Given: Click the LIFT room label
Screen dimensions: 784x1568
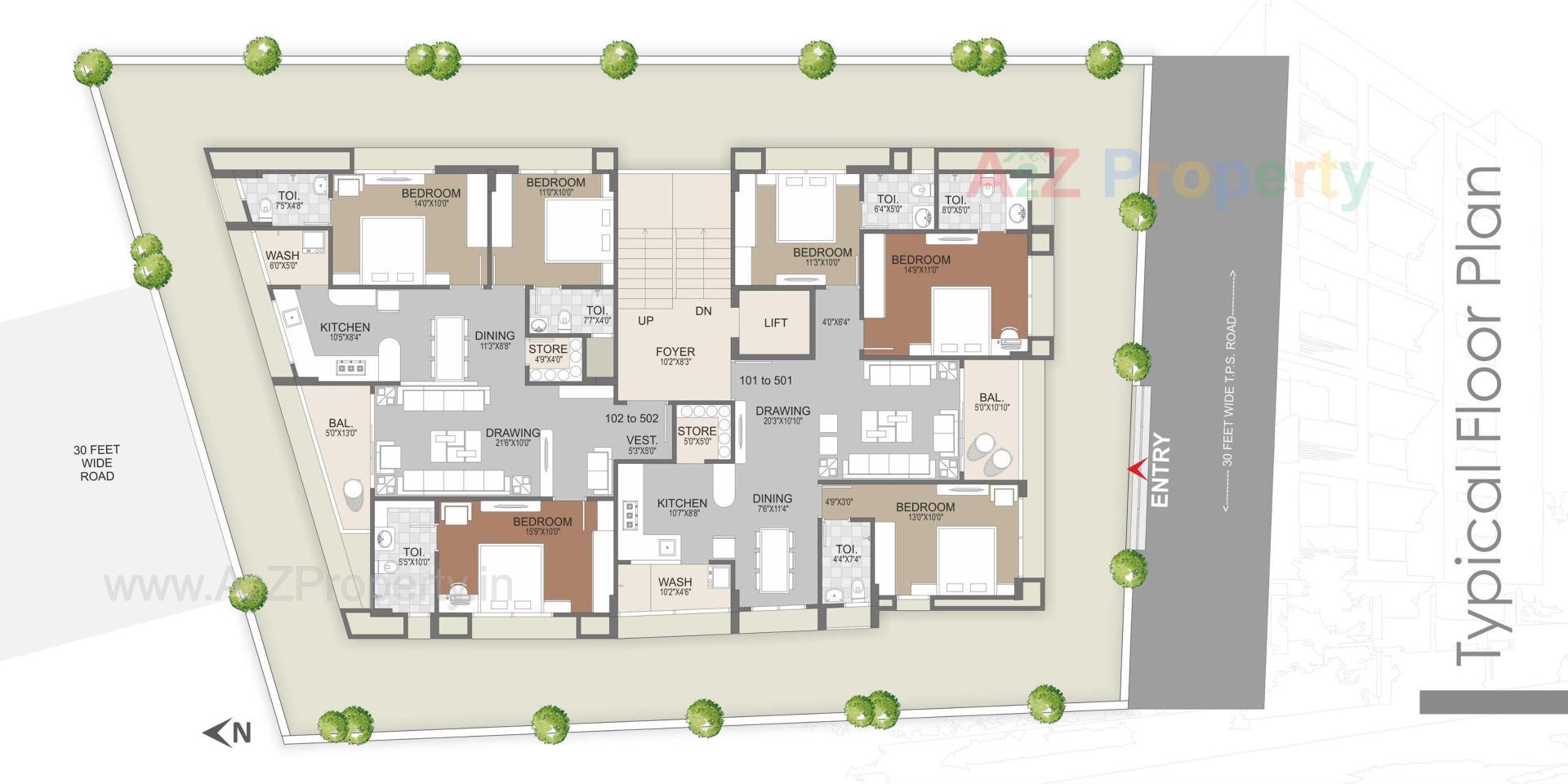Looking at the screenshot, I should (775, 323).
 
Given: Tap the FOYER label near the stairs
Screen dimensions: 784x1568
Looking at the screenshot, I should (675, 352).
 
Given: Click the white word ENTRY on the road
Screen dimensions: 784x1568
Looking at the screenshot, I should (1160, 470).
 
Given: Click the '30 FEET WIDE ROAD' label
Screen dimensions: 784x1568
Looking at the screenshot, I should (96, 462).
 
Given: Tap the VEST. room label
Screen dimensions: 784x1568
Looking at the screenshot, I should (642, 440).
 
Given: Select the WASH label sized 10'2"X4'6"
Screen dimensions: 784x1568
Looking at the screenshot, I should (675, 582).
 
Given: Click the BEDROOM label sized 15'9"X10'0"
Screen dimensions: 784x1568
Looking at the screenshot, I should (542, 522).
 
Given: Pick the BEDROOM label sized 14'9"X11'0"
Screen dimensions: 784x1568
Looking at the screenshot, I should (920, 261).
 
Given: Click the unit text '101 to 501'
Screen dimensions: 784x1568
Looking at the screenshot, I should (765, 381).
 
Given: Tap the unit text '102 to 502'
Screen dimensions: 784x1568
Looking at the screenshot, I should (631, 418).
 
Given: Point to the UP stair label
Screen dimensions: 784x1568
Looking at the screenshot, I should (645, 321).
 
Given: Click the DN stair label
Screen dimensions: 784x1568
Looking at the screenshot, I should (703, 311).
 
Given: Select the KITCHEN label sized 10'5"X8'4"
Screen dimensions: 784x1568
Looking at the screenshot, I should (345, 327).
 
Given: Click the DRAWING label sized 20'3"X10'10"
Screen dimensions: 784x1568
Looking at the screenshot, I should (782, 411).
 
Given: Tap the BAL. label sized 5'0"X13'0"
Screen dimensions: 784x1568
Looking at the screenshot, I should (341, 424).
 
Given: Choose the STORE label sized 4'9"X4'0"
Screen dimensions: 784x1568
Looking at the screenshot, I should (547, 350).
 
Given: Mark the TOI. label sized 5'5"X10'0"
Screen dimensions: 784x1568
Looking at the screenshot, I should (414, 553).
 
